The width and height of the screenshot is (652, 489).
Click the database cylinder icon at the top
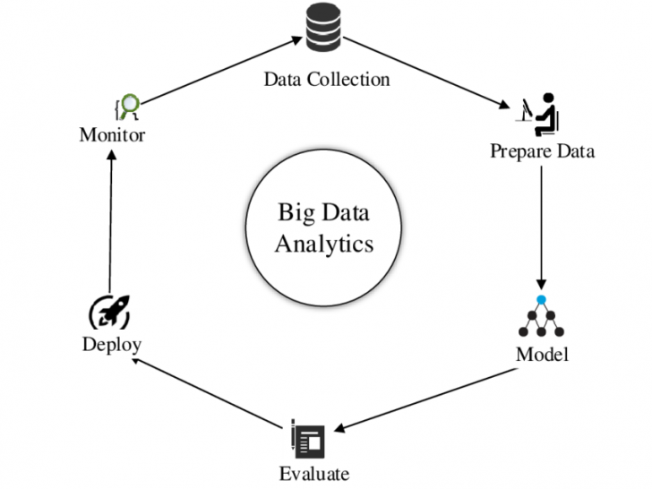pos(324,29)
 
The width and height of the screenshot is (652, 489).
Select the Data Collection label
pos(326,79)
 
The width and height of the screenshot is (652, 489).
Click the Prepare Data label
pos(542,150)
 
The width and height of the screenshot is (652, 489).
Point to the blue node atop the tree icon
pos(541,298)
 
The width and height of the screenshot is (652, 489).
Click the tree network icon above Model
pos(541,316)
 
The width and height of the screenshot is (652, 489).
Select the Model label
pos(542,354)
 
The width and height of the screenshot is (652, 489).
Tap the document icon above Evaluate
pos(306,438)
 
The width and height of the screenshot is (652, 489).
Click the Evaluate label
pos(313,473)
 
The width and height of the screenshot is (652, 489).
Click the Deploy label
pos(112,344)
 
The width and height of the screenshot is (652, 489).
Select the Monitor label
pos(112,135)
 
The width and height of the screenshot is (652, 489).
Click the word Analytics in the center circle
pos(323,243)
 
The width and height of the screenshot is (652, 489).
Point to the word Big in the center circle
pos(295,213)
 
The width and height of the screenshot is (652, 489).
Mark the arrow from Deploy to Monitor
pos(109,219)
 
